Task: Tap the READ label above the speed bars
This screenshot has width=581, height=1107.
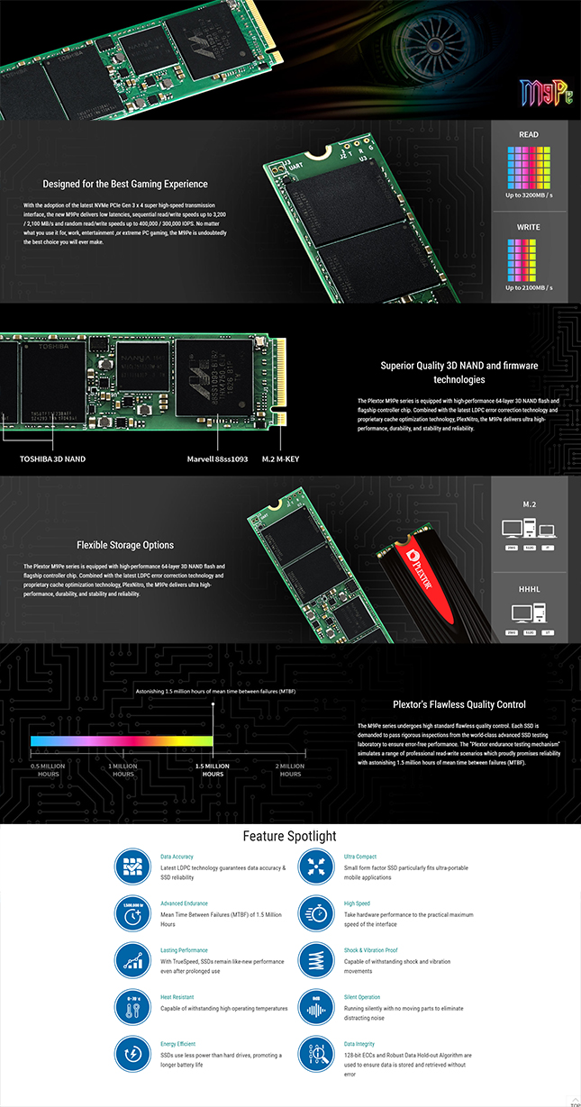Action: coord(529,134)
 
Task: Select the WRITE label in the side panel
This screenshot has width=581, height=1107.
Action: coord(529,227)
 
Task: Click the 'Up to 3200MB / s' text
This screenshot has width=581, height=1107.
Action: coord(529,195)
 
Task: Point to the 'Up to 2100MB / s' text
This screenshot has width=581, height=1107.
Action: coord(529,287)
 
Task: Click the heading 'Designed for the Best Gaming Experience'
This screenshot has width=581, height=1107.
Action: coord(125,184)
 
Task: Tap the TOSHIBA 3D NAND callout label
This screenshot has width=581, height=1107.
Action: coord(53,458)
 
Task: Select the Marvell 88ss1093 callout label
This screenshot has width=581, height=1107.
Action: coord(217,458)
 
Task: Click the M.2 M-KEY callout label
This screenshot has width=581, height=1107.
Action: coord(282,458)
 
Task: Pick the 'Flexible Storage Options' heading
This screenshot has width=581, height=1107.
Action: coord(125,545)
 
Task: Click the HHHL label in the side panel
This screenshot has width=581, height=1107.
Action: coord(529,588)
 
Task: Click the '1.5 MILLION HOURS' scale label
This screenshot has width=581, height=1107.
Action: coord(213,770)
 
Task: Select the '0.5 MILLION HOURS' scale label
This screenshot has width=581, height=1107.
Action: coord(49,770)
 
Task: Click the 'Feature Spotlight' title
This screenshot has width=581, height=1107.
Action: coord(290,837)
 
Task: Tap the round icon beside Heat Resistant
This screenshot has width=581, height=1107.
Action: coord(132,1007)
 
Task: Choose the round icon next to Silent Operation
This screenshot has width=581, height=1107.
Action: coord(315,1007)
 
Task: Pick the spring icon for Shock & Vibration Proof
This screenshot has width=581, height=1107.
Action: coord(315,960)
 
